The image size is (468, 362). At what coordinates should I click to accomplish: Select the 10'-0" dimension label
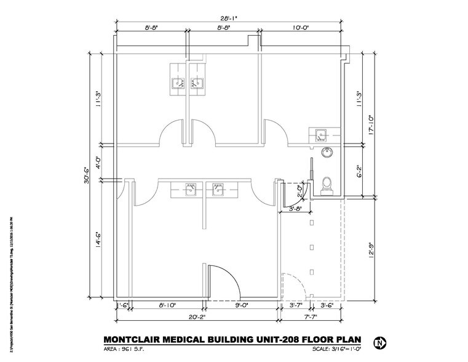(x=303, y=28)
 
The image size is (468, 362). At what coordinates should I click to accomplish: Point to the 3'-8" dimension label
(x=295, y=209)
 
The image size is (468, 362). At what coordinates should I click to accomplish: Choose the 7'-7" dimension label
(x=311, y=318)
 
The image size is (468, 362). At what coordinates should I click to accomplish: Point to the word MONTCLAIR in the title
(x=131, y=339)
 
